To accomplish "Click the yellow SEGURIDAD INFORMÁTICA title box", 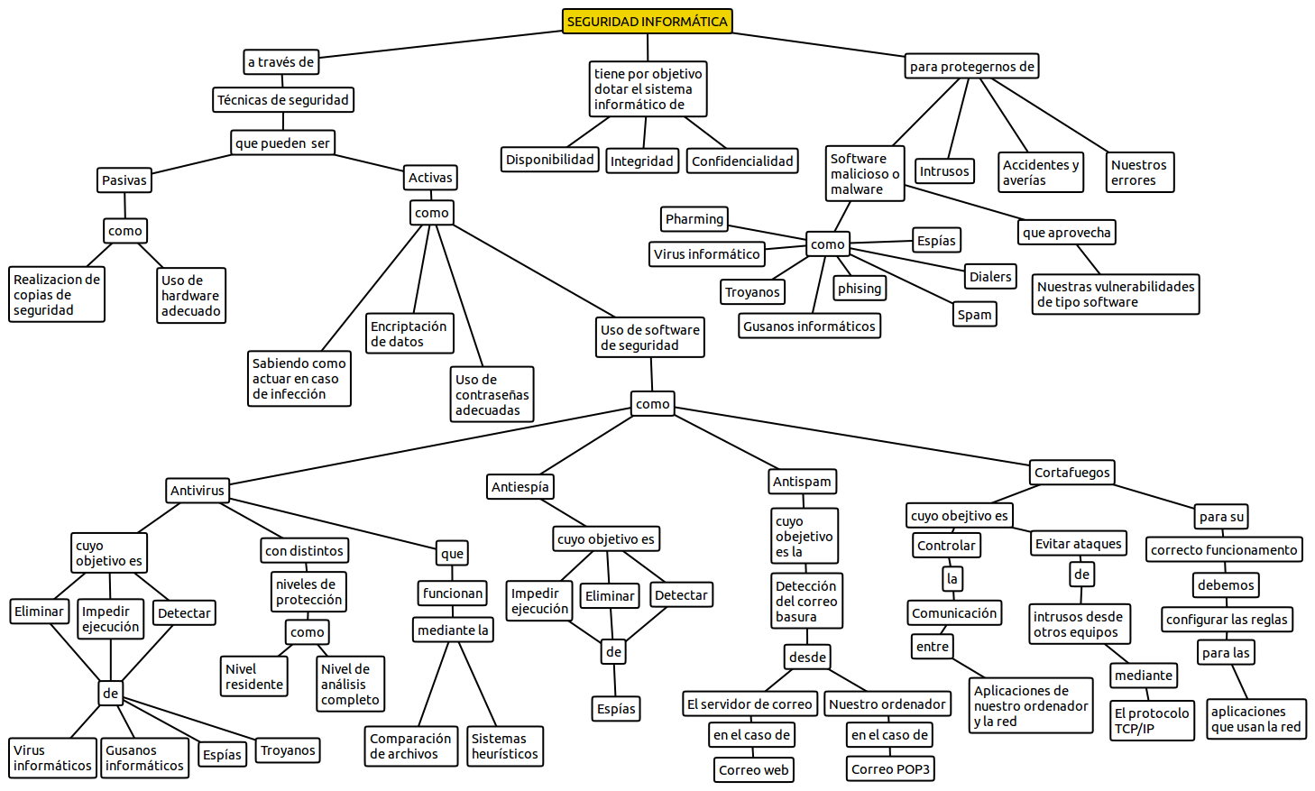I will [647, 22].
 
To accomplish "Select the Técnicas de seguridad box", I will [283, 100].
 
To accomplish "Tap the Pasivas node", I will [124, 180].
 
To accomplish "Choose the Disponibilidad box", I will [550, 160].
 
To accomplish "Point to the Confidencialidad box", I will [742, 161].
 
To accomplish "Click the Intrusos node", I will [944, 171].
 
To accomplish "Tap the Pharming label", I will [694, 219].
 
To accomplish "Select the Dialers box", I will [990, 277].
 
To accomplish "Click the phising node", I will [860, 289].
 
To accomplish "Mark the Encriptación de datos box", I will [409, 334].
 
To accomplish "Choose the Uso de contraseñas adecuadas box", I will [492, 395].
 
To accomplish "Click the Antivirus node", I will [198, 491].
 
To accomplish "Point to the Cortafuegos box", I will [1072, 473].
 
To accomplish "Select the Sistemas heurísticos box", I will [505, 746].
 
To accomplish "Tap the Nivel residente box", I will [254, 676].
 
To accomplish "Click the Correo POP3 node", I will [890, 769].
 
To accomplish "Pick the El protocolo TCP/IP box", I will [1152, 721].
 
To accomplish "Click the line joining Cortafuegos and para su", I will [1154, 496].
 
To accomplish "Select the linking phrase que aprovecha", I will [1067, 233].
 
